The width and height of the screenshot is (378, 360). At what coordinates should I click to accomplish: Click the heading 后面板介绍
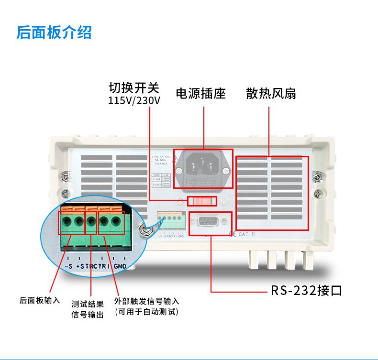click(x=54, y=33)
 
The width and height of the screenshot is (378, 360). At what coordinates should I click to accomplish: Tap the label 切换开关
click(x=133, y=88)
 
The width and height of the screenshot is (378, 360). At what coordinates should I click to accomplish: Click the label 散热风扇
click(x=271, y=93)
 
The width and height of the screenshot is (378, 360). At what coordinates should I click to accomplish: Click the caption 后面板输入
click(x=40, y=300)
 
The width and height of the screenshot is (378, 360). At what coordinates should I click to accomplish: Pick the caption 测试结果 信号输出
click(x=87, y=309)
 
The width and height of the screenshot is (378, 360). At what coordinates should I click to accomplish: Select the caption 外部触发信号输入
click(x=146, y=301)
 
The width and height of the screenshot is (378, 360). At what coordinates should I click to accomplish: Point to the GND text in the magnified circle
click(x=120, y=265)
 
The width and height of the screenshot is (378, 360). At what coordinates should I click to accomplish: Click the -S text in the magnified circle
click(x=68, y=265)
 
